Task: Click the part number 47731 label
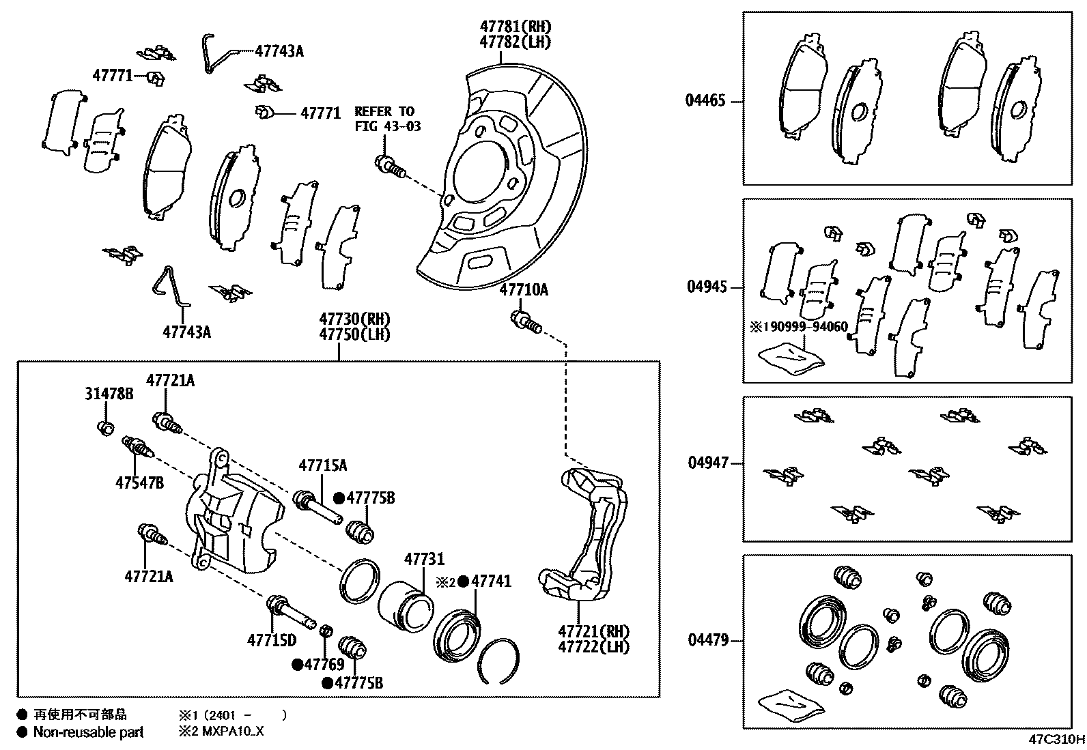point(424,560)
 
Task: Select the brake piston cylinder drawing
point(406,605)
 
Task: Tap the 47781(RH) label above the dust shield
point(515,27)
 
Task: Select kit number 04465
point(705,101)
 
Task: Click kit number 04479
point(707,640)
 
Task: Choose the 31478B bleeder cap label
point(109,394)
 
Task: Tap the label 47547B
point(139,483)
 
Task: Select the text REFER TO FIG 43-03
point(387,119)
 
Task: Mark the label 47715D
point(272,640)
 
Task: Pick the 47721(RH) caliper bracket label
point(593,632)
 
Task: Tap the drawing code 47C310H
point(1056,739)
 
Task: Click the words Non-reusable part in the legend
point(89,733)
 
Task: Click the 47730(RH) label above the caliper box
point(354,319)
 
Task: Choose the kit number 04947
point(708,463)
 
